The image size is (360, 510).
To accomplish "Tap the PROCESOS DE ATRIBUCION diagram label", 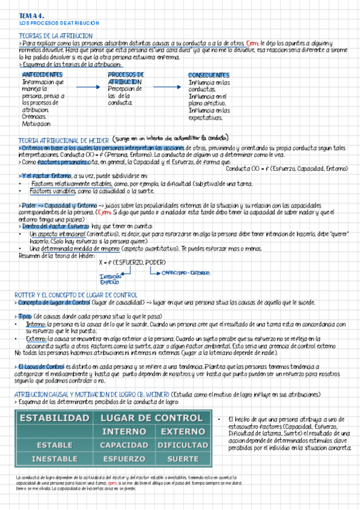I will click(125, 78).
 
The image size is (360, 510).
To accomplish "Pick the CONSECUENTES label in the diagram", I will click(209, 75).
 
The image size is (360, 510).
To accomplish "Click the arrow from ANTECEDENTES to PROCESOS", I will click(88, 87).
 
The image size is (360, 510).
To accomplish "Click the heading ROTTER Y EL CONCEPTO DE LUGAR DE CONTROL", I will click(76, 295).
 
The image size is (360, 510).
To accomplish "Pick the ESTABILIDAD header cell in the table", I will click(55, 417).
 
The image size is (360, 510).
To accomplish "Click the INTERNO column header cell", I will click(124, 431).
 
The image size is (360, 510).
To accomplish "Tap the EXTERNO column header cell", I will click(183, 431).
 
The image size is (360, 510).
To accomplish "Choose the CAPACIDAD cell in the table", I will click(124, 445).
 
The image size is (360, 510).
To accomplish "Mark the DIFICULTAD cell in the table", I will click(183, 445).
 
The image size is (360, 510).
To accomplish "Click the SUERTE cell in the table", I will click(183, 458).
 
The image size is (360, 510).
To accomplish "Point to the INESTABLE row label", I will click(55, 458).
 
